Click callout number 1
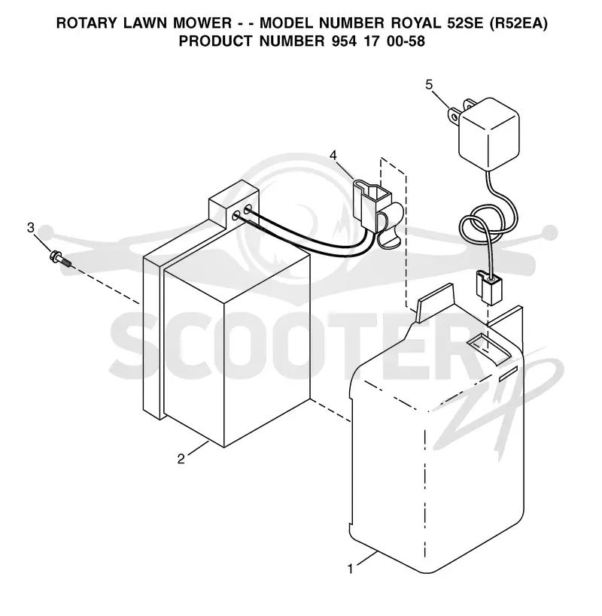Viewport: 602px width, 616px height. (351, 569)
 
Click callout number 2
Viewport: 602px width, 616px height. (181, 459)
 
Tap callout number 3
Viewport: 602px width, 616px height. (31, 227)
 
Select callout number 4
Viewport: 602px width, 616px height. (333, 156)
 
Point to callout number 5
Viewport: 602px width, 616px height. (429, 84)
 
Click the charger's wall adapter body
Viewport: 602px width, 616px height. (489, 134)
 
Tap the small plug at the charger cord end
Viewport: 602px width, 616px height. (488, 288)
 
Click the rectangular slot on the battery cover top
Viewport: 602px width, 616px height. (488, 348)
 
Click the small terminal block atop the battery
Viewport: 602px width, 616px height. (233, 205)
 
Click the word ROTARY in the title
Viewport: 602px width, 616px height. (87, 23)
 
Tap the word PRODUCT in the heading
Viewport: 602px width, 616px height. (215, 41)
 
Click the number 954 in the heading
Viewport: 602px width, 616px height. (345, 41)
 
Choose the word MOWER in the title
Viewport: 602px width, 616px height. (202, 23)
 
